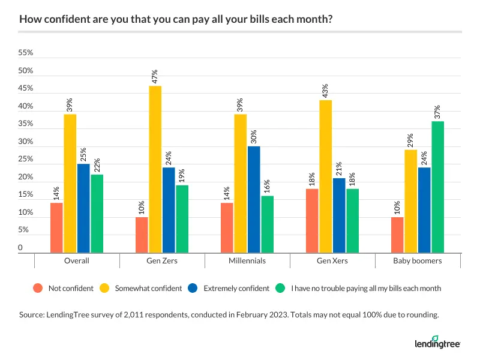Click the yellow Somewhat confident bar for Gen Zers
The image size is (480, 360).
pyautogui.click(x=155, y=169)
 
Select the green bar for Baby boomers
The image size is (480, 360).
pyautogui.click(x=437, y=187)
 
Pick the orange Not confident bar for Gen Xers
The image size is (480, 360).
pyautogui.click(x=313, y=220)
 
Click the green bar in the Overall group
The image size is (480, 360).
pyautogui.click(x=97, y=214)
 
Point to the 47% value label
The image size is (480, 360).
pyautogui.click(x=155, y=77)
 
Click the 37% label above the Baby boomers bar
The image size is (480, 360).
pyautogui.click(x=437, y=112)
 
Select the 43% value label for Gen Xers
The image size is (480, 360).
pyautogui.click(x=326, y=91)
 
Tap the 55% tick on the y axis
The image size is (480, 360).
pyautogui.click(x=26, y=53)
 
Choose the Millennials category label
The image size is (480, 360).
pyautogui.click(x=247, y=261)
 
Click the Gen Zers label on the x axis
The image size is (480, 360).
pyautogui.click(x=162, y=261)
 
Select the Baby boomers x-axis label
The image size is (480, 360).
pyautogui.click(x=418, y=261)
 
